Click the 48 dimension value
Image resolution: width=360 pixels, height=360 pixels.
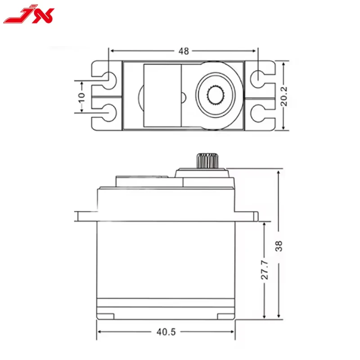[183, 51]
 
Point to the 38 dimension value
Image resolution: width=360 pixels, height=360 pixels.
[280, 245]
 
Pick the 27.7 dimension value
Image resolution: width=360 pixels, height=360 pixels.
[265, 269]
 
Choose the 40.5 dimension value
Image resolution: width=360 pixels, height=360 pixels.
[166, 332]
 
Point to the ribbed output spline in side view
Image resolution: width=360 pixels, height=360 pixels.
[207, 161]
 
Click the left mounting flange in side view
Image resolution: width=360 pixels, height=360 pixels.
[86, 216]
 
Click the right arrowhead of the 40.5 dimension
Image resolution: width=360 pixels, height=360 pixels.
[233, 332]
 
